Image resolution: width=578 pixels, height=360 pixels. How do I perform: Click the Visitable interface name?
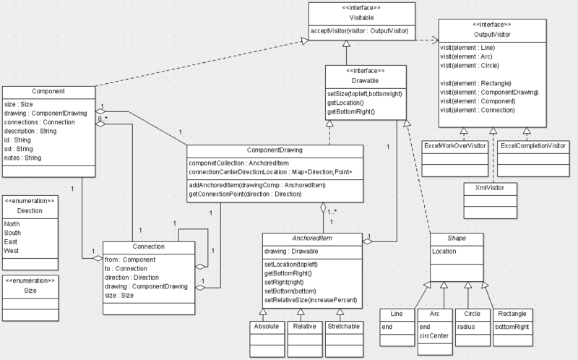pos(361,17)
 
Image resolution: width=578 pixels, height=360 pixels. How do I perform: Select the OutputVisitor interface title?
pos(492,34)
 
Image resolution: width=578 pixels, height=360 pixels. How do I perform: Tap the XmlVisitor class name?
pos(490,188)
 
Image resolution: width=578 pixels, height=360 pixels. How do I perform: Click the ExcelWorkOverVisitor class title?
pos(455,146)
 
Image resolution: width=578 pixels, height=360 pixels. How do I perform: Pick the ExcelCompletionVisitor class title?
pos(533,146)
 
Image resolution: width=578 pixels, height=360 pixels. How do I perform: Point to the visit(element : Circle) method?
pos(469,65)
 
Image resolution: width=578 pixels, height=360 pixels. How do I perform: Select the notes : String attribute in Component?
pos(23,158)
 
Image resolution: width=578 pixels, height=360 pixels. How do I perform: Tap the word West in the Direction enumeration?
pos(11,251)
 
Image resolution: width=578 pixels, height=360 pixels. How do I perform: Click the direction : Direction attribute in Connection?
pos(131,278)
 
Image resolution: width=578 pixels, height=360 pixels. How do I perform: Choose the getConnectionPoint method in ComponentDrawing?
pos(245,194)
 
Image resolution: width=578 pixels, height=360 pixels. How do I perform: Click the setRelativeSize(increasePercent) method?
pos(311,300)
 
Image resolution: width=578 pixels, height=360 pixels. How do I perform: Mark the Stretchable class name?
pos(343,327)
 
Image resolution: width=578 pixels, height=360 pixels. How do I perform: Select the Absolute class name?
pos(267,327)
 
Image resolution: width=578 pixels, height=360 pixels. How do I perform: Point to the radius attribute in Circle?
pos(466,327)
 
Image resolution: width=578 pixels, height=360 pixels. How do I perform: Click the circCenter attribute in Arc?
pos(434,335)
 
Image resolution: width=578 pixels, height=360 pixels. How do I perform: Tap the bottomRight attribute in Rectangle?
pos(512,327)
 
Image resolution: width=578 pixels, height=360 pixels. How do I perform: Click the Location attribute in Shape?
pos(444,251)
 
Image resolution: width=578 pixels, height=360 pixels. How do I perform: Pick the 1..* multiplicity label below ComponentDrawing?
pos(332,212)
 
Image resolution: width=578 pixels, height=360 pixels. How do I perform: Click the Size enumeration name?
pos(30,291)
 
